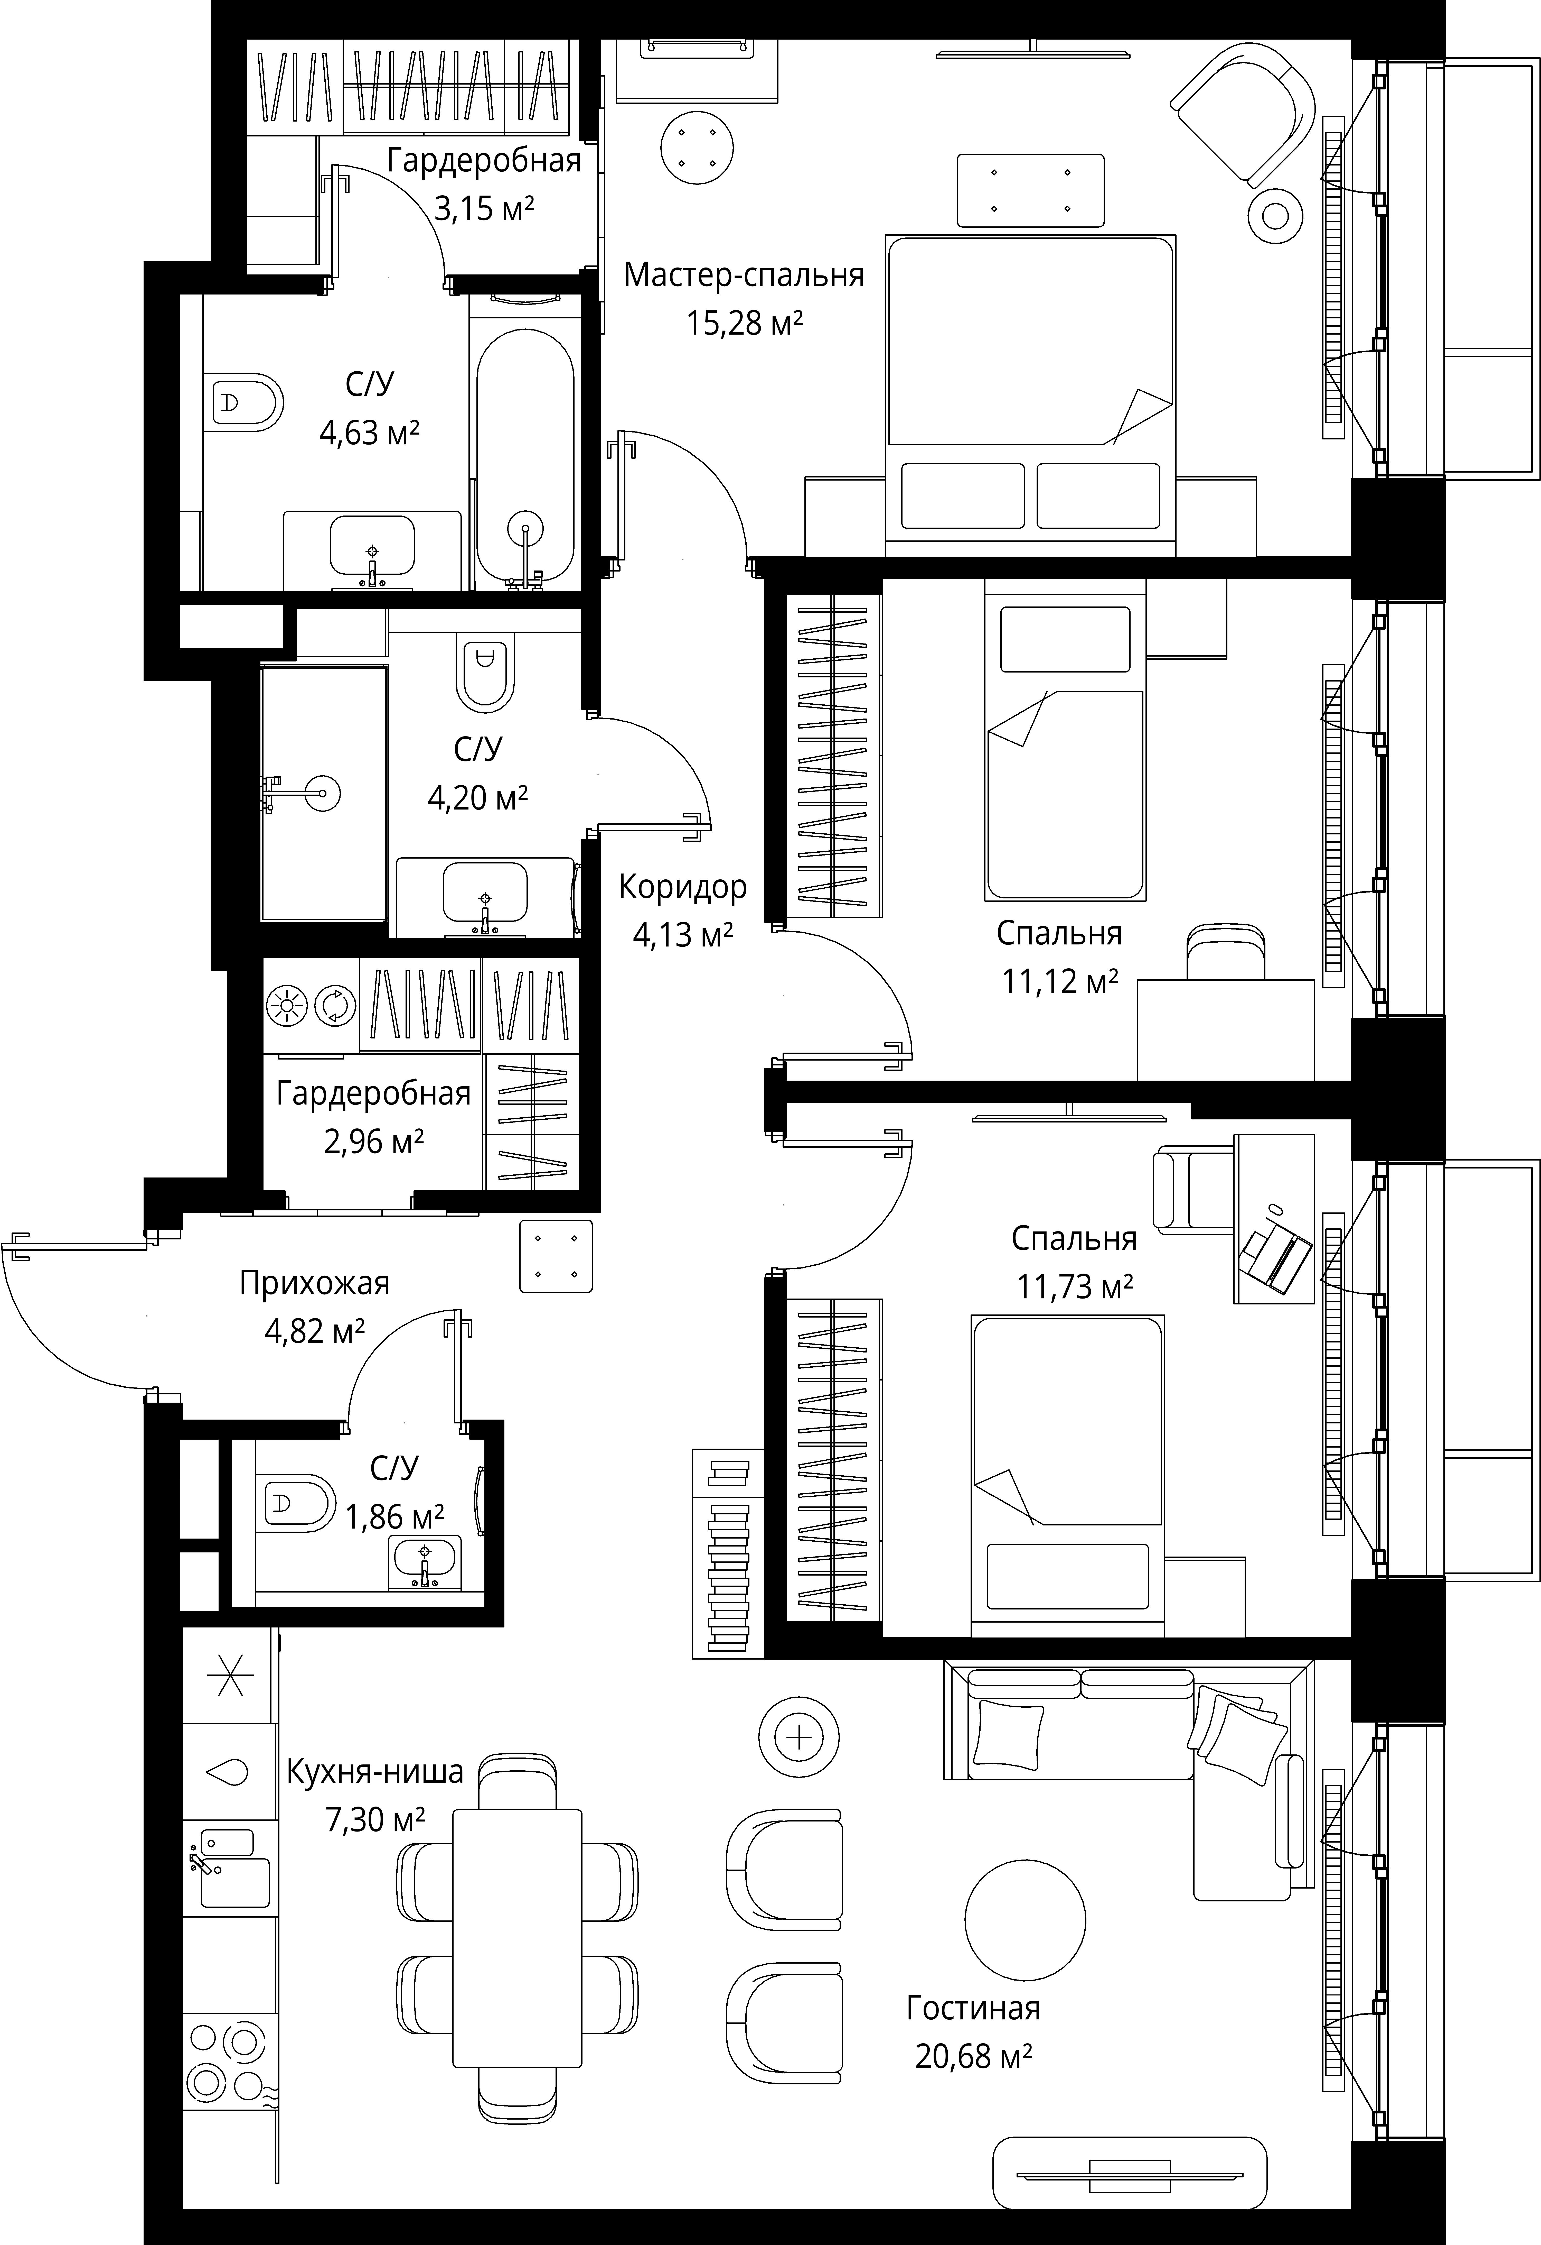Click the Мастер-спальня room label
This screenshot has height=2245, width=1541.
[744, 275]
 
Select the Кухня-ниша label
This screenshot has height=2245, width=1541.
[375, 1772]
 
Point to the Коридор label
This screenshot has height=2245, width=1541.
[683, 887]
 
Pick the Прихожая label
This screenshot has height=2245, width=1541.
[315, 1284]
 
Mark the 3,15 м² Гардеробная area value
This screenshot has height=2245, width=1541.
[485, 208]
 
